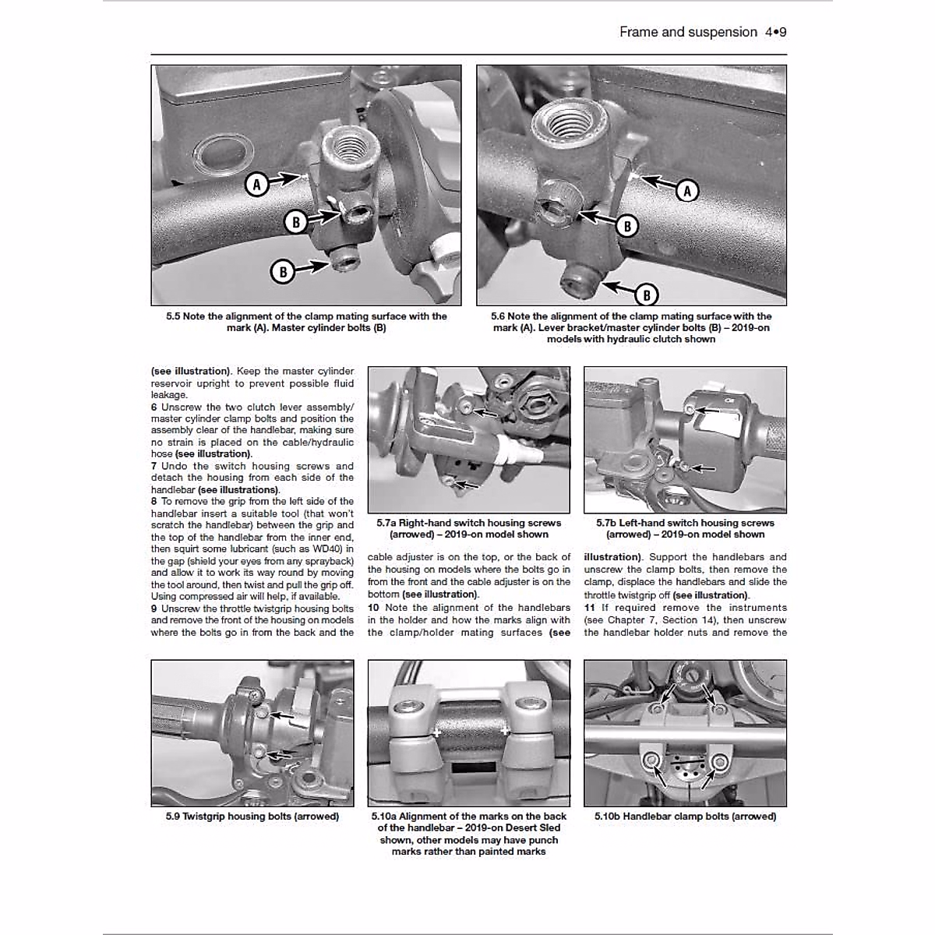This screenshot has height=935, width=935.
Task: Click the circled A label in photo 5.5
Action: point(256,185)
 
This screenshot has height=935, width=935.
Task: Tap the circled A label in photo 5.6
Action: point(686,190)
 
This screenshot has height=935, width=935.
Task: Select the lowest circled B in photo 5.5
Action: point(283,271)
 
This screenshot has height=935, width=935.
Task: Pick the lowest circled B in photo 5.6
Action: point(646,295)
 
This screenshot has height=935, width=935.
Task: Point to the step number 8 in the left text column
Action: point(154,502)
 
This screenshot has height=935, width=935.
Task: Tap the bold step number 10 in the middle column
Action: point(373,608)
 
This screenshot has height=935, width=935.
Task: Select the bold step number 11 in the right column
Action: point(589,608)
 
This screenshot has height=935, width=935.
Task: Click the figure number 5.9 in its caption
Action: point(173,817)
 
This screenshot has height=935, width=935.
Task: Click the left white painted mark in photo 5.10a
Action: point(437,733)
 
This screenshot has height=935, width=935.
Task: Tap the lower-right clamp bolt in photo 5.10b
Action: point(718,760)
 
